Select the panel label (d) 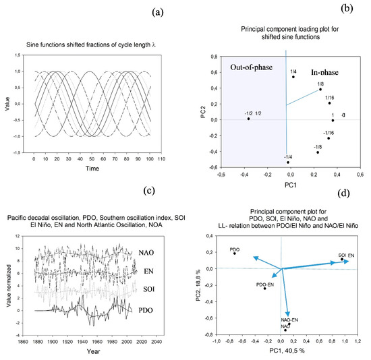(347, 196)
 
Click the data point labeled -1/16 (329, 138)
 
